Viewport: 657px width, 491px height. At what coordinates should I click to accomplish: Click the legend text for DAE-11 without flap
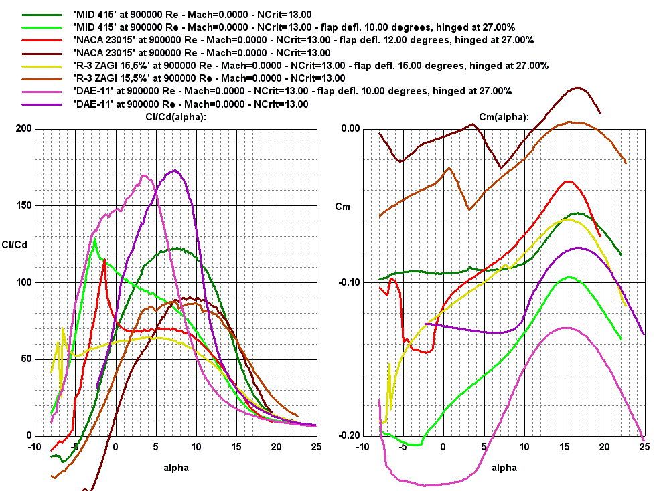point(191,104)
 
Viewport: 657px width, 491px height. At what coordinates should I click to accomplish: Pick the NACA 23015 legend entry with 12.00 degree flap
point(303,40)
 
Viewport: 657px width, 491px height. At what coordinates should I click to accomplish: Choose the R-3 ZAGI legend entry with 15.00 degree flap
point(311,66)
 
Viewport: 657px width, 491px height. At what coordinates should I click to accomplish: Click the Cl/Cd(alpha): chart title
point(167,117)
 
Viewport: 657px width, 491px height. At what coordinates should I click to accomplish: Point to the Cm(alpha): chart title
point(504,117)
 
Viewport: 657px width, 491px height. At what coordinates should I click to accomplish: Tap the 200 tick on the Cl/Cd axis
point(23,129)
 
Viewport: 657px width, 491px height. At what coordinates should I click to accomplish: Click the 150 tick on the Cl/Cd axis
point(23,205)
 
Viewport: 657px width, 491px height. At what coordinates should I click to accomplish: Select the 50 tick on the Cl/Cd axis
point(25,359)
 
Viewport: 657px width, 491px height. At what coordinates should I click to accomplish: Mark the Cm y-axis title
point(343,207)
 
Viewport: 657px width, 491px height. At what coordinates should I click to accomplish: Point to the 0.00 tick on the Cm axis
point(351,129)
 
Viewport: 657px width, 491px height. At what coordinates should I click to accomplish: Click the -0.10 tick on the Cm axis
point(350,282)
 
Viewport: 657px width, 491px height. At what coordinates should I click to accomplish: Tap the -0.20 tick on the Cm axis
point(350,435)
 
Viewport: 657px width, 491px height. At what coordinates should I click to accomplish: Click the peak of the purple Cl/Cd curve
point(174,171)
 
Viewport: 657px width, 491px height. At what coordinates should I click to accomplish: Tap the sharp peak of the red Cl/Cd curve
point(104,260)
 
